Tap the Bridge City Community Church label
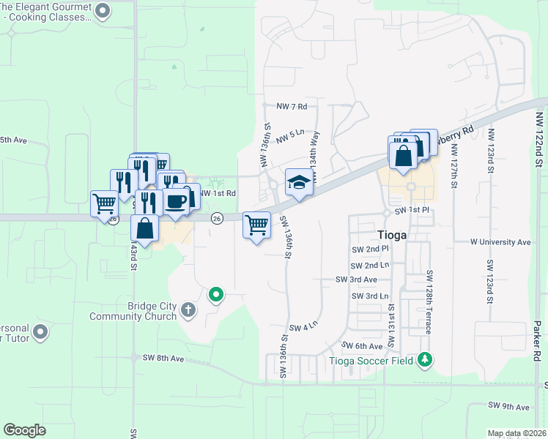pyautogui.click(x=133, y=311)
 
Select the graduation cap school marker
pyautogui.click(x=299, y=182)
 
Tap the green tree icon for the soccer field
pyautogui.click(x=424, y=359)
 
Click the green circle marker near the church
pyautogui.click(x=216, y=295)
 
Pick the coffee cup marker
pyautogui.click(x=176, y=201)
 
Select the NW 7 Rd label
pyautogui.click(x=291, y=107)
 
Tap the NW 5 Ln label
pyautogui.click(x=290, y=133)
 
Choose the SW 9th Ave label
pyautogui.click(x=508, y=405)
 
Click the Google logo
pyautogui.click(x=25, y=430)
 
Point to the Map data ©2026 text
pyautogui.click(x=517, y=433)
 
